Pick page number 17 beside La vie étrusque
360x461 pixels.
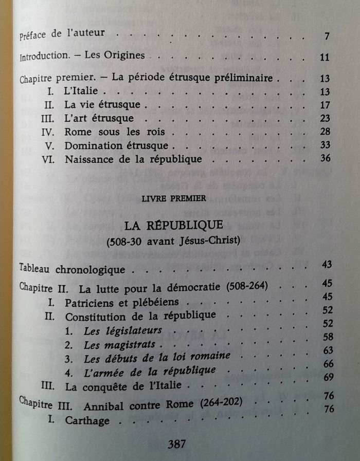tap(324, 106)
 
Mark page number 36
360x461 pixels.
tap(325, 158)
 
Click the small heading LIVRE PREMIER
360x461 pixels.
tap(176, 197)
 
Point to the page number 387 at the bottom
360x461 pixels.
tap(176, 444)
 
